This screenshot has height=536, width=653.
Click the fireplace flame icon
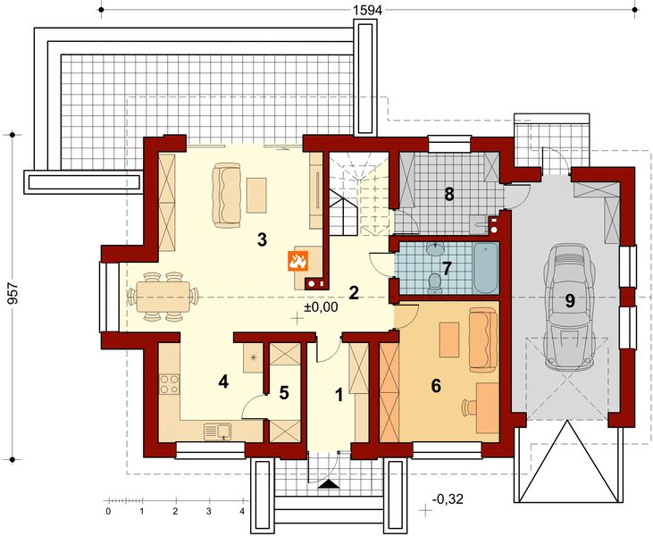point(297,261)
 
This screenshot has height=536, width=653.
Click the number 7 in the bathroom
point(447,267)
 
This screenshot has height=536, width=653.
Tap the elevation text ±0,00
point(320,307)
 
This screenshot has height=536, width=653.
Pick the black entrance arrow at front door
point(329,484)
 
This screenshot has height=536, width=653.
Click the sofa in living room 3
point(225,195)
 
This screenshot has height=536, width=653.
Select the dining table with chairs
point(163,297)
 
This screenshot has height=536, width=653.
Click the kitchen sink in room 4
point(217,431)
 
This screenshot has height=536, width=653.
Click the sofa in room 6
point(481,339)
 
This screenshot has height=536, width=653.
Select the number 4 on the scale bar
point(242,512)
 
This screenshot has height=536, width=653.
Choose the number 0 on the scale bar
point(107,512)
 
